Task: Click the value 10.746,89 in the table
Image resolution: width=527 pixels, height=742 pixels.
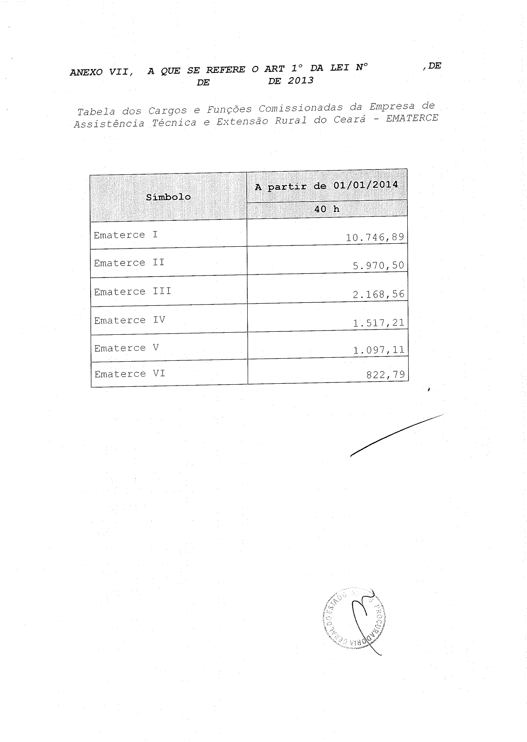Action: [x=375, y=237]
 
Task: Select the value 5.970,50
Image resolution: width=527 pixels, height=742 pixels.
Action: [x=378, y=265]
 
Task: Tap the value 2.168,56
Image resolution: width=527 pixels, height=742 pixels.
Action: [x=378, y=294]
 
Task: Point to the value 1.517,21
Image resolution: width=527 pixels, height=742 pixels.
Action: [x=378, y=322]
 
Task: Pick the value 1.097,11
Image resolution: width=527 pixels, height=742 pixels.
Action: [x=378, y=350]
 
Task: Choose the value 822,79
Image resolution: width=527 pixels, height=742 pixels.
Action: [x=385, y=374]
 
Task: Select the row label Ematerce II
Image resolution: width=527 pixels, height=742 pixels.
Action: [x=129, y=263]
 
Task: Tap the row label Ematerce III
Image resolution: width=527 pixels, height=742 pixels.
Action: [x=132, y=291]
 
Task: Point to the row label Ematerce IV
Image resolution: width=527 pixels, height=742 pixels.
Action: [x=130, y=320]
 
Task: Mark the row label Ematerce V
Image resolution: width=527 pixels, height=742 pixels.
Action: [x=127, y=348]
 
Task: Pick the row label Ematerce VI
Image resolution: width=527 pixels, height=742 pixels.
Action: [x=130, y=374]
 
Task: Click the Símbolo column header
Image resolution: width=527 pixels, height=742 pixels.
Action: [x=168, y=197]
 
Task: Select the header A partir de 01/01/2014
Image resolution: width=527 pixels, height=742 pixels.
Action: [x=326, y=186]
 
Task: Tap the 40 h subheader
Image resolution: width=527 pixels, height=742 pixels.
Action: [x=327, y=209]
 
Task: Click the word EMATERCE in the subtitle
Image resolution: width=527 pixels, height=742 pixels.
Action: [x=412, y=118]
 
